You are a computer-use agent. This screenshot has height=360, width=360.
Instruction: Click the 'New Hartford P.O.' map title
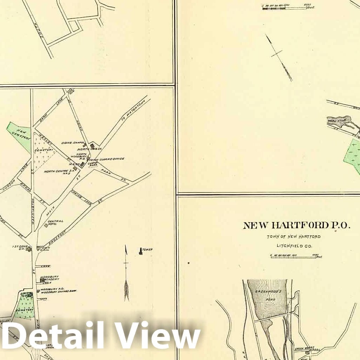pos(296,225)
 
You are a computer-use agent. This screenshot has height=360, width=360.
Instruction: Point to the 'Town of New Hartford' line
pos(294,237)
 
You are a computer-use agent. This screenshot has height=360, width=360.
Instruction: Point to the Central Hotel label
pos(55,223)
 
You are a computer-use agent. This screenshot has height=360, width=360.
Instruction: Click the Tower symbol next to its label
pos(141,251)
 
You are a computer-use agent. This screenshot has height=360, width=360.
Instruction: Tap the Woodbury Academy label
pos(49,279)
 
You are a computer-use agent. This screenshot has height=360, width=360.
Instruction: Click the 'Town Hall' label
pos(45,249)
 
